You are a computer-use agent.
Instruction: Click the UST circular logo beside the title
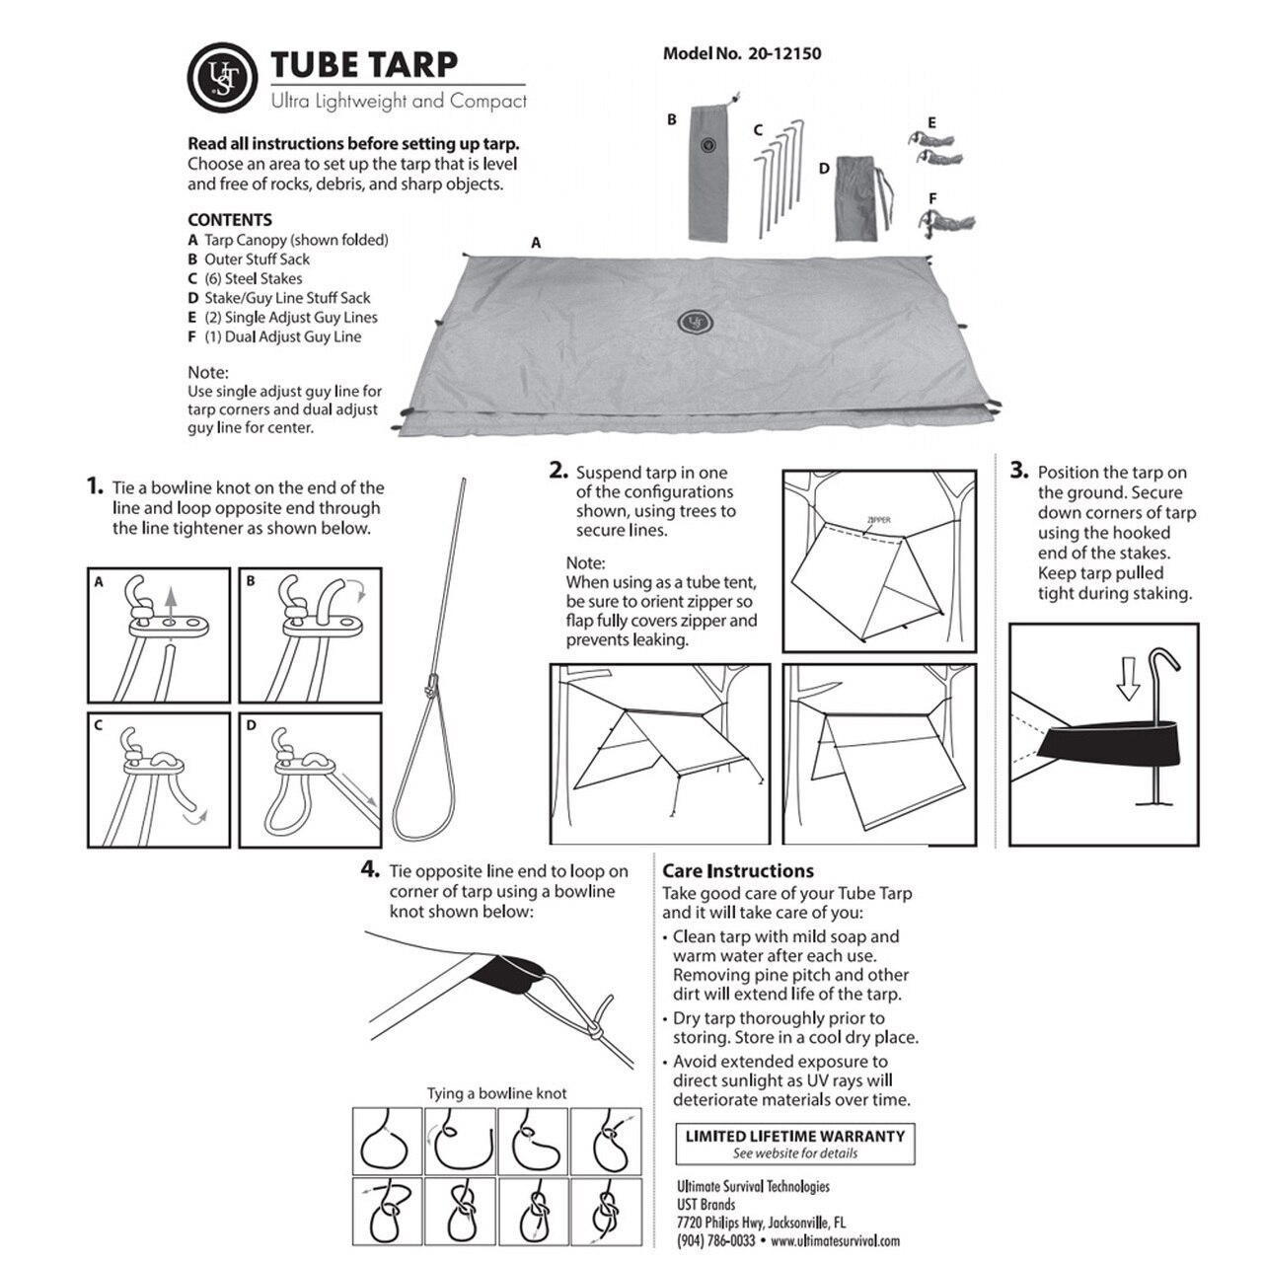pyautogui.click(x=222, y=77)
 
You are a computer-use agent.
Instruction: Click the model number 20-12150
pyautogui.click(x=784, y=53)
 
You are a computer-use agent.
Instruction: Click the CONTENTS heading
pyautogui.click(x=229, y=220)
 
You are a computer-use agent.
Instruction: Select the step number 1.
pyautogui.click(x=95, y=486)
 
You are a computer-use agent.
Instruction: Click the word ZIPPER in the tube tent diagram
pyautogui.click(x=879, y=520)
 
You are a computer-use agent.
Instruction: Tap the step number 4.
pyautogui.click(x=370, y=869)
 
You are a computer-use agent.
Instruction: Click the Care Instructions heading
pyautogui.click(x=738, y=871)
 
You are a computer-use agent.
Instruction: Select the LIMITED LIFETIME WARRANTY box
pyautogui.click(x=795, y=1144)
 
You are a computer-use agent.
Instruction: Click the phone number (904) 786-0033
pyautogui.click(x=715, y=1240)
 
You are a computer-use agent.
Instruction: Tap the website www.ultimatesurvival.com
pyautogui.click(x=835, y=1240)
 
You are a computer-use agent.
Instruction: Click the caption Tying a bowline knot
pyautogui.click(x=496, y=1092)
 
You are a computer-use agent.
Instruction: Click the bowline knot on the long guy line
pyautogui.click(x=432, y=684)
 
